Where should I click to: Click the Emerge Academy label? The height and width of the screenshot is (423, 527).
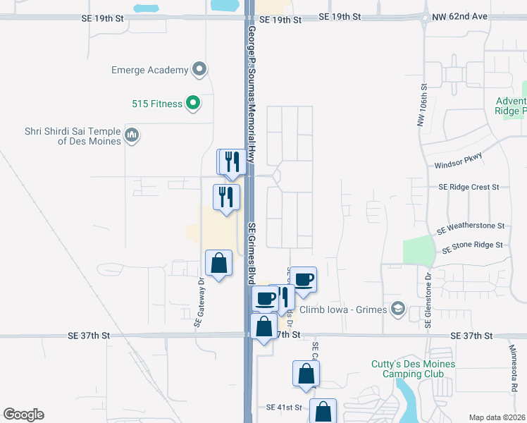tap(149, 70)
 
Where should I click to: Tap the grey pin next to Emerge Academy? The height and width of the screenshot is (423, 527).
tap(200, 70)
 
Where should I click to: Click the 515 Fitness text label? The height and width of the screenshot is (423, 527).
tap(157, 104)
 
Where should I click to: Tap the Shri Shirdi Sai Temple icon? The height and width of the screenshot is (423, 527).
tap(132, 134)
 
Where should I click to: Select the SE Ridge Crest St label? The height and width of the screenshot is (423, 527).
tap(468, 187)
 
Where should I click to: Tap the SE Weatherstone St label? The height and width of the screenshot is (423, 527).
tap(471, 227)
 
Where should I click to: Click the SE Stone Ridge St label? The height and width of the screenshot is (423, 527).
tap(471, 245)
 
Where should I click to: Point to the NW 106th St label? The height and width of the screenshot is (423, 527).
tap(423, 106)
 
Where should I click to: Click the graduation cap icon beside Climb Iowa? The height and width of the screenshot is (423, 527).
tap(399, 308)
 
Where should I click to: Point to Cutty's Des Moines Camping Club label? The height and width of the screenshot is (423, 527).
tap(414, 369)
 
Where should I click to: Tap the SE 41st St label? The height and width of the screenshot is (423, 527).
tap(284, 408)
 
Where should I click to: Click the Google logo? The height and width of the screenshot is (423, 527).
tap(23, 415)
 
